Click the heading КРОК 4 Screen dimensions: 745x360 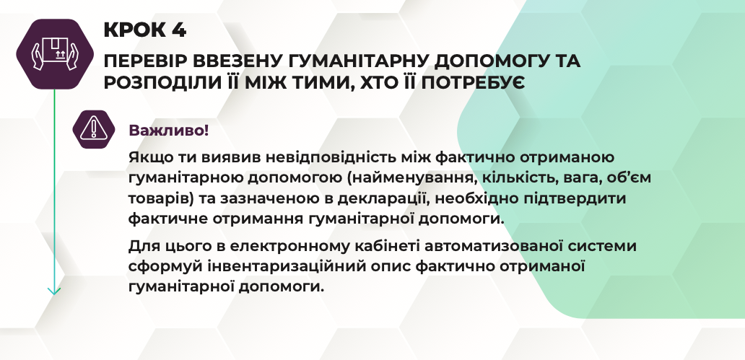point(145,30)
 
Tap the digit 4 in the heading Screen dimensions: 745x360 point(179,30)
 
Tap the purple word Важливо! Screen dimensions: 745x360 point(169,130)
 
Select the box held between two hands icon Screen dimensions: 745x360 point(55,53)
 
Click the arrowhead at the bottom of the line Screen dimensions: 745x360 point(54,291)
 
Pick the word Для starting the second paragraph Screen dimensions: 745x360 point(141,247)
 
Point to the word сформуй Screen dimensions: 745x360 point(166,268)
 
